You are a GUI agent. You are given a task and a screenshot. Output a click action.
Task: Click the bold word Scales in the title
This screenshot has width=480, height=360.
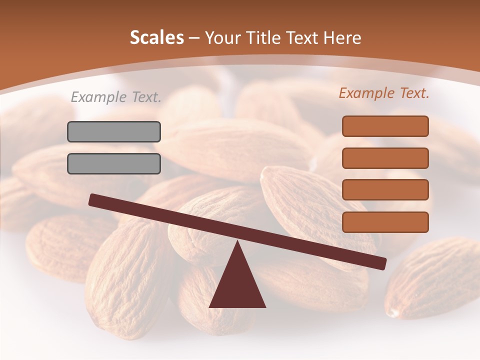157,38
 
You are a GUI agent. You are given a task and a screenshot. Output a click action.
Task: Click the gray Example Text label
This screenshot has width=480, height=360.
116,97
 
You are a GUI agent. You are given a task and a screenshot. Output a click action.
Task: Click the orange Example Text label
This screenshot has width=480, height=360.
384,93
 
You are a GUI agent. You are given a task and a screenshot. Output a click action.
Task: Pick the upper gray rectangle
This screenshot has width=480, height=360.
114,131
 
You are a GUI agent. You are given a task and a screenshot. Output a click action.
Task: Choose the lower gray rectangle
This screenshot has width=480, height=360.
114,163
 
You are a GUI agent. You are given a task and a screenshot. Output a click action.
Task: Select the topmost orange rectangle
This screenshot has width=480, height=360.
385,126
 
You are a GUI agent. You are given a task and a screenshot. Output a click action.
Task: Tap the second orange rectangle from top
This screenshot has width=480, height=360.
385,158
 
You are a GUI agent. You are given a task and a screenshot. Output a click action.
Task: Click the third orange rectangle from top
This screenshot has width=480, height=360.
385,190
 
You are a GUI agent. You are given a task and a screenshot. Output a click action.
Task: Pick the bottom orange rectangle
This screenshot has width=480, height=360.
385,222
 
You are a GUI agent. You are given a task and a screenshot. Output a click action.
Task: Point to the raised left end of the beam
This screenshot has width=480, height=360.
93,199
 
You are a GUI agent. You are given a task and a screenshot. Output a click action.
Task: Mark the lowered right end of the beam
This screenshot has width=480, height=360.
382,263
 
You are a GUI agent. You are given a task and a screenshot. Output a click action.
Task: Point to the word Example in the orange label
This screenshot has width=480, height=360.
366,93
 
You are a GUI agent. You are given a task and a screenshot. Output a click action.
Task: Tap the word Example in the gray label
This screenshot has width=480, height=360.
98,97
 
